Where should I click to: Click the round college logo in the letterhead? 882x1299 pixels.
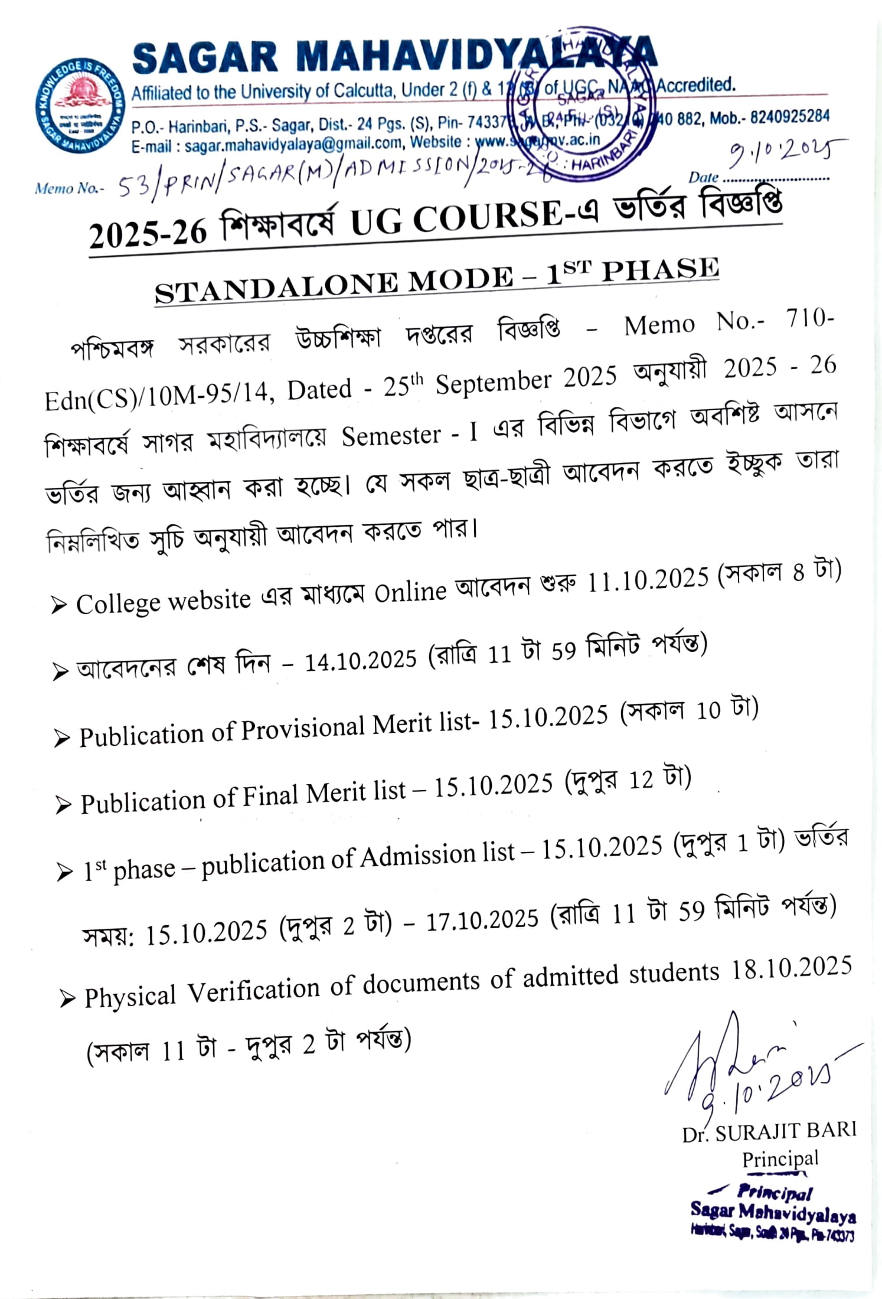[80, 106]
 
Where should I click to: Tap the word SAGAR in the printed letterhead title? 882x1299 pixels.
[204, 58]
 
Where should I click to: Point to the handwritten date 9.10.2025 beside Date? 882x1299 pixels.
[785, 152]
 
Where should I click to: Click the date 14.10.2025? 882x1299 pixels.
[360, 661]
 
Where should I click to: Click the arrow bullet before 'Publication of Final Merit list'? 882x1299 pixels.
[63, 805]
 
